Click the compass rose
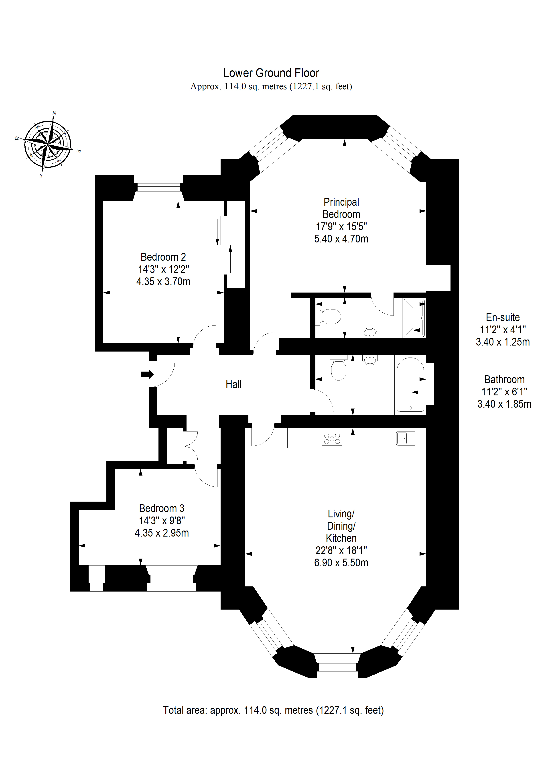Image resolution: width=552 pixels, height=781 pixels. click(x=48, y=144)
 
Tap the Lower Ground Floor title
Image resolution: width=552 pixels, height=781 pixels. click(x=271, y=73)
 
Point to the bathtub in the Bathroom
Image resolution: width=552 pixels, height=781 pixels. click(x=410, y=385)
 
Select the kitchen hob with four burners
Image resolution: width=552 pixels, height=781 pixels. click(x=332, y=438)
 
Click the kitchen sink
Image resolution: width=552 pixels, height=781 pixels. click(x=406, y=438)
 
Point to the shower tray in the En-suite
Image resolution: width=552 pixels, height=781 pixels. click(x=414, y=318)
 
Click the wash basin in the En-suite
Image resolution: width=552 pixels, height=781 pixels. click(x=370, y=333)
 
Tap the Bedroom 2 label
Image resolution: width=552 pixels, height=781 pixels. click(x=163, y=257)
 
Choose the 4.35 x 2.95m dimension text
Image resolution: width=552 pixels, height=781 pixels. click(x=162, y=533)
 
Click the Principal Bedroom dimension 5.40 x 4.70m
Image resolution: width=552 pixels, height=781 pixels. click(x=341, y=239)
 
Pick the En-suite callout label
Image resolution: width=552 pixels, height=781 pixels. click(x=503, y=317)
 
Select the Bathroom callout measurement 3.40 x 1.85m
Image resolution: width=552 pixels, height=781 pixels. click(x=504, y=404)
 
